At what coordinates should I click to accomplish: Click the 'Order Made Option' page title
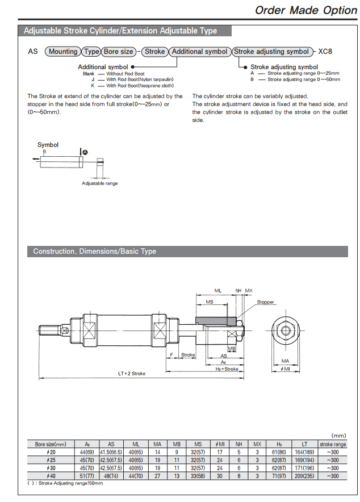298,10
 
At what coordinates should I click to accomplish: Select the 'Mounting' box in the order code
62,51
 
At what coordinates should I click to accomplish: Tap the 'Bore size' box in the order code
119,51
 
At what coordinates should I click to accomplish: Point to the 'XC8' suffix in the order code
325,51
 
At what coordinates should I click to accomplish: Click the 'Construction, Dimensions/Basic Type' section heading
94,251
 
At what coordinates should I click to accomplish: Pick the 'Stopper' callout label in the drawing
265,302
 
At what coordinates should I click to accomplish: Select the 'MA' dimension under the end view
286,361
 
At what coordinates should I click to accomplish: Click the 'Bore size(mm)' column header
51,444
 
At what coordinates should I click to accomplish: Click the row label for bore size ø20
51,452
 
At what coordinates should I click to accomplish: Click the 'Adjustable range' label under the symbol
100,183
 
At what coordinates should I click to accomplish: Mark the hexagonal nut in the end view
286,329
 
